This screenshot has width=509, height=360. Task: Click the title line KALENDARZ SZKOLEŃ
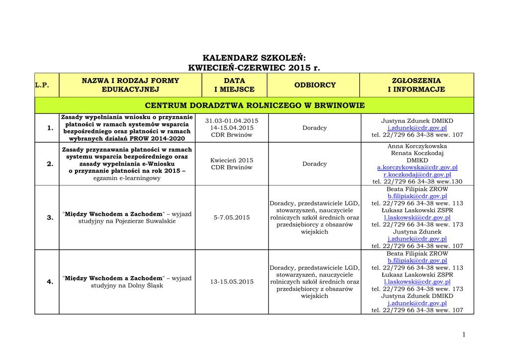point(254,58)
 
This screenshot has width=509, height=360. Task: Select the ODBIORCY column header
point(315,85)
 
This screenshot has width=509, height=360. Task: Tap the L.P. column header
point(42,85)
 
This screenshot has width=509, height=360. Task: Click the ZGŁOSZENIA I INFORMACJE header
point(416,85)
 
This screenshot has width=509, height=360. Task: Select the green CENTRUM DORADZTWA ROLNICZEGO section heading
point(254,105)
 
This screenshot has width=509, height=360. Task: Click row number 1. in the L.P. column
point(50,128)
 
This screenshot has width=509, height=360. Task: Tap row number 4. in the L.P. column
point(50,282)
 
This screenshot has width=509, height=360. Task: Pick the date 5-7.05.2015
point(232,218)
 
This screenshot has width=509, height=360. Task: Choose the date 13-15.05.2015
point(232,282)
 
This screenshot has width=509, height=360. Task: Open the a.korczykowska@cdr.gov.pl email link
point(417,168)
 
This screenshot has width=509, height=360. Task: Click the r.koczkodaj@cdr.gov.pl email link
point(417,175)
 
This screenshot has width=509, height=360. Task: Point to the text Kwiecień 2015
point(232,160)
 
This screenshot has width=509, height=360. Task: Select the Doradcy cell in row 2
point(315,164)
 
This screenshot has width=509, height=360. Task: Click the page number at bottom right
point(464,335)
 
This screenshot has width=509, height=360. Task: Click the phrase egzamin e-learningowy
point(127,178)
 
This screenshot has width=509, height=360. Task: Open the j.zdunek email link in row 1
point(417,128)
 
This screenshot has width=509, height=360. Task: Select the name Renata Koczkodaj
point(417,153)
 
